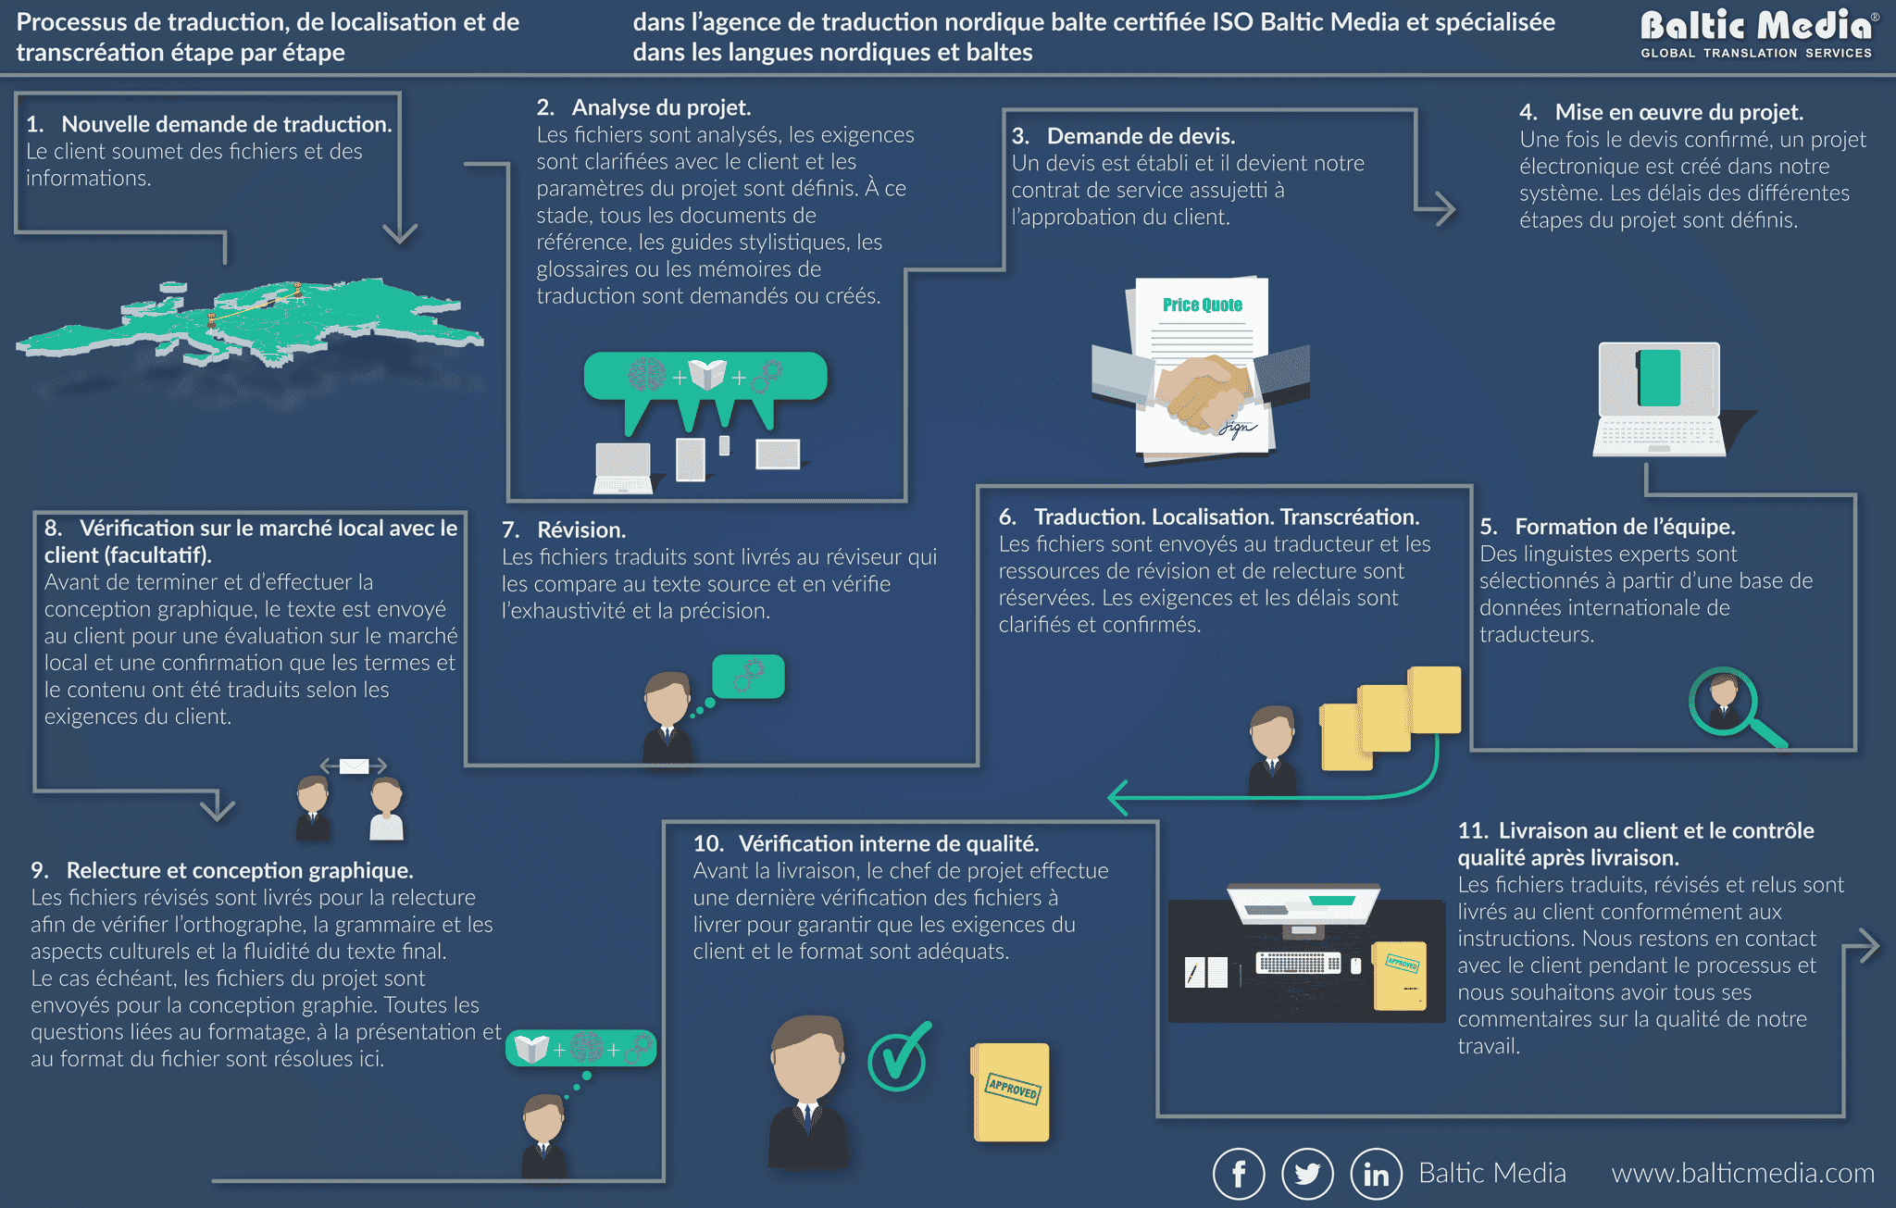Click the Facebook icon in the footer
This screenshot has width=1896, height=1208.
(x=1239, y=1173)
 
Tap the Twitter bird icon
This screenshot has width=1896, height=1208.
(x=1307, y=1173)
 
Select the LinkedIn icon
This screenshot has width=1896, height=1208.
(x=1377, y=1173)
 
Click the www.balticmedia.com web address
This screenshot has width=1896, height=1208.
(x=1742, y=1173)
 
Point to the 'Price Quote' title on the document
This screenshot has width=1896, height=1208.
(x=1203, y=305)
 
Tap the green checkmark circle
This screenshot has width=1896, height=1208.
(x=897, y=1058)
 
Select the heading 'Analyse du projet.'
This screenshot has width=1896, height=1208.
(x=661, y=107)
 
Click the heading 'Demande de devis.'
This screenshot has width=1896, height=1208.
(x=1141, y=136)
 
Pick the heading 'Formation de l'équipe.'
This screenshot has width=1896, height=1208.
(x=1625, y=527)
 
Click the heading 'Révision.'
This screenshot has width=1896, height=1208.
(x=581, y=529)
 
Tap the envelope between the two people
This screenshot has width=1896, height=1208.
(x=354, y=766)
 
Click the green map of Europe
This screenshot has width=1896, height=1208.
(x=250, y=318)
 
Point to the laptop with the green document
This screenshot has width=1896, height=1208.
(x=1659, y=399)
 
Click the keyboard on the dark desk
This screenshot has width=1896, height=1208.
(x=1298, y=963)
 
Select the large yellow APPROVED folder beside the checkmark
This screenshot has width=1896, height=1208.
(x=1010, y=1092)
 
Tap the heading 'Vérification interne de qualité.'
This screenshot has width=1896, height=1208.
(x=889, y=843)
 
